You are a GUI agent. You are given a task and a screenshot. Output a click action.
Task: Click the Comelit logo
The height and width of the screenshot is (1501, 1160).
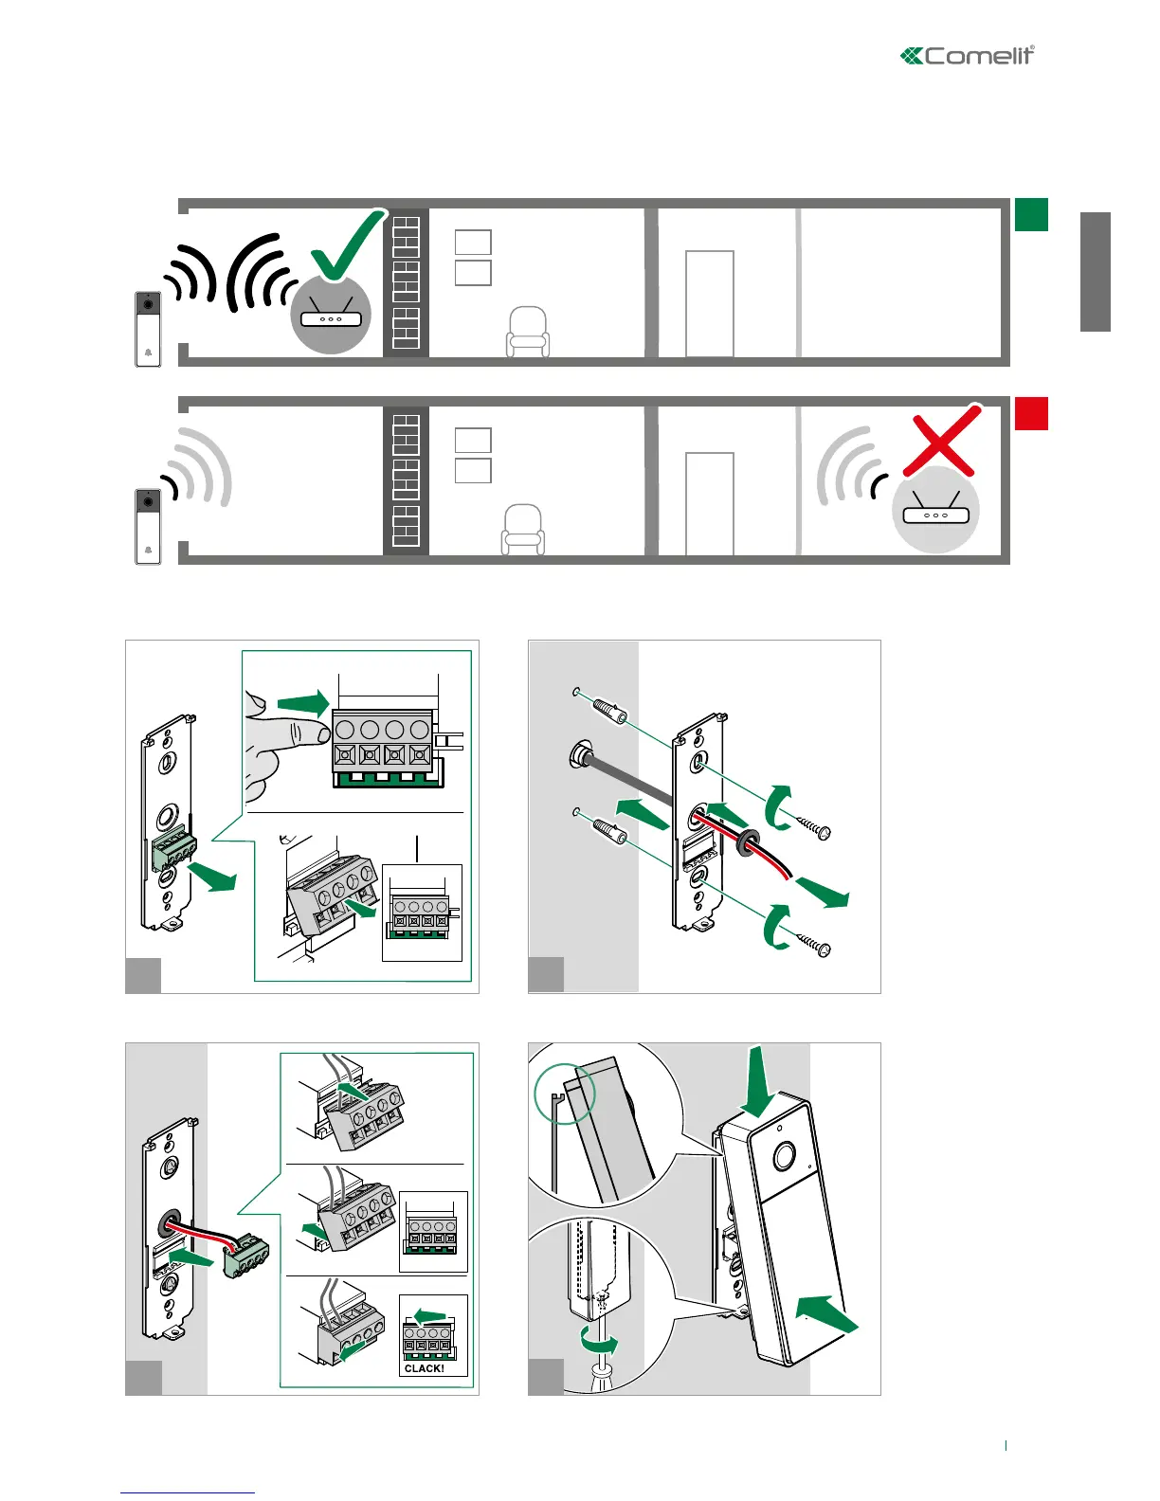point(968,56)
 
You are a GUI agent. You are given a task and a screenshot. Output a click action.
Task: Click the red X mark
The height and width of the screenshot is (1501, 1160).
point(940,441)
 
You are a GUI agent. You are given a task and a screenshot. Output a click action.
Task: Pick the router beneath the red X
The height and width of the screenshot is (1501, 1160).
point(935,513)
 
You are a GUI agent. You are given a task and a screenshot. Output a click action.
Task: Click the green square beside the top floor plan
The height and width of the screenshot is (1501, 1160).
point(1031,214)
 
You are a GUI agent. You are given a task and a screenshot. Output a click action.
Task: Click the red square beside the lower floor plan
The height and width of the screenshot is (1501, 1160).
point(1031,413)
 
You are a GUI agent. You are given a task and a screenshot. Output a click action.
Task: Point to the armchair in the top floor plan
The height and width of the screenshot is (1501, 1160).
point(528,333)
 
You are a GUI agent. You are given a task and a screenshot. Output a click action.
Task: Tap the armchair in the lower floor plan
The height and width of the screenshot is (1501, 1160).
point(522,530)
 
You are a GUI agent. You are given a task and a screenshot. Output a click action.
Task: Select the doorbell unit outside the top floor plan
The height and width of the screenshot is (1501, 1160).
point(148,329)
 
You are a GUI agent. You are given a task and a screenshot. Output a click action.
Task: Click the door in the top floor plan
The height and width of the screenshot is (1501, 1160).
point(709,303)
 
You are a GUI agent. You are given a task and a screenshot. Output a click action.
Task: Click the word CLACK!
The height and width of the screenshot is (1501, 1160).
point(424,1368)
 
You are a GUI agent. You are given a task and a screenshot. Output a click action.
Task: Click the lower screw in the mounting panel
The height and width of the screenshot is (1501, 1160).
point(812,944)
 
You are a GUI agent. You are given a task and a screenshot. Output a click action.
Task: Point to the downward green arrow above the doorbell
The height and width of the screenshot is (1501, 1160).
point(759,1081)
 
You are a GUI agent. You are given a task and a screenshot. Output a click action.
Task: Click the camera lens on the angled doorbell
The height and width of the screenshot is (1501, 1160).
point(784,1157)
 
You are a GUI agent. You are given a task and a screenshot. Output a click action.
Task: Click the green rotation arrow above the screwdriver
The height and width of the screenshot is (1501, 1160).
point(599,1341)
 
